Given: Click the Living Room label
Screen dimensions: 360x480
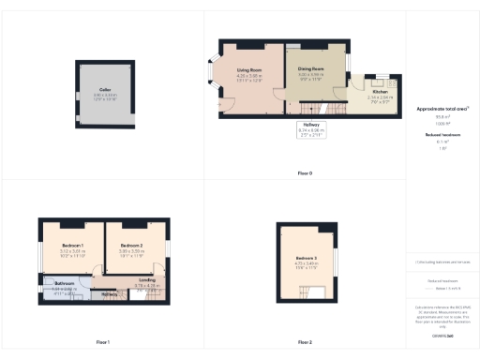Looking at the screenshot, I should [248, 71].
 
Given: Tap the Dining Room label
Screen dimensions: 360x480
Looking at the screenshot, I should [310, 69].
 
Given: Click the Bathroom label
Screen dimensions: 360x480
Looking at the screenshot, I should [64, 282].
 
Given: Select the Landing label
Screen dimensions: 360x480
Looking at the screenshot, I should [145, 279].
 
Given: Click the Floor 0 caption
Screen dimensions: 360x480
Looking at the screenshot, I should [305, 174].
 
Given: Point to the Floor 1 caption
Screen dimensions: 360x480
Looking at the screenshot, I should [103, 342].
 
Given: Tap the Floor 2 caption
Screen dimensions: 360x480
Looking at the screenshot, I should [305, 342].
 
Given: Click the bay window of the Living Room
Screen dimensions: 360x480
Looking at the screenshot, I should [211, 80].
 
